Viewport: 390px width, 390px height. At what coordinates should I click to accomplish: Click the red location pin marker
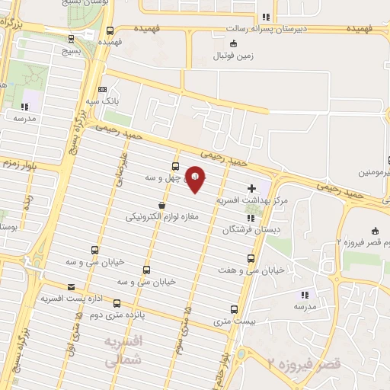(197, 180)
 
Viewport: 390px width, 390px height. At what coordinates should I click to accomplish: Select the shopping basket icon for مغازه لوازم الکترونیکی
(161, 205)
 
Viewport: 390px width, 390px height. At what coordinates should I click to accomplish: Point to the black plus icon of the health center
(252, 187)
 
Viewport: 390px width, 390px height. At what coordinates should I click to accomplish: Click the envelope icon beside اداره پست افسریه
(72, 287)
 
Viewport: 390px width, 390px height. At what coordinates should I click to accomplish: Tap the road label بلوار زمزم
(19, 163)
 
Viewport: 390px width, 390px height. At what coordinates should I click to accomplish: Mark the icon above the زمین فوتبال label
(234, 43)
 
